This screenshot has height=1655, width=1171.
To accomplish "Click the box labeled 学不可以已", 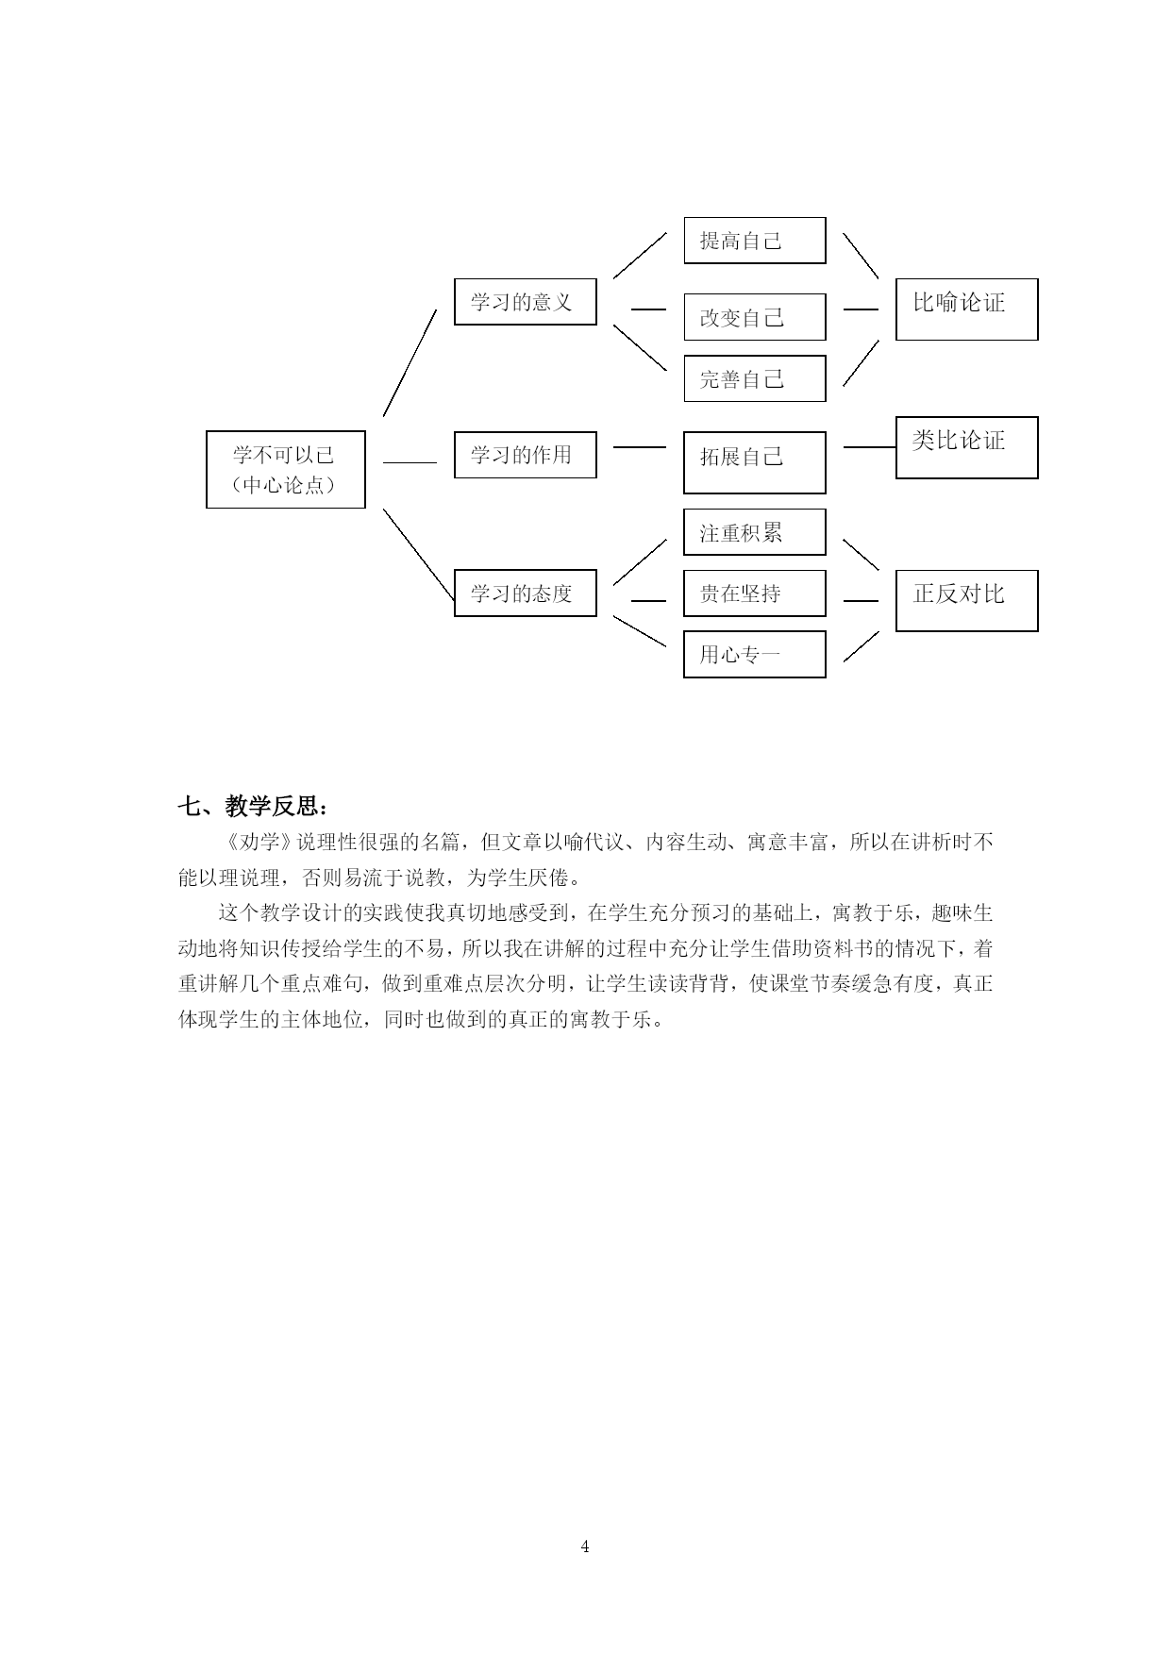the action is pyautogui.click(x=286, y=470).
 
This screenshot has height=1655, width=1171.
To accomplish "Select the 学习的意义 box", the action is pyautogui.click(x=526, y=302).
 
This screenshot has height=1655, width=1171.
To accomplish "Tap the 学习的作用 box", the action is pyautogui.click(x=526, y=455).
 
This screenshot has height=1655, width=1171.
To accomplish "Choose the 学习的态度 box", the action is pyautogui.click(x=526, y=593).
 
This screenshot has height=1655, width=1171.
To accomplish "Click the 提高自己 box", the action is pyautogui.click(x=755, y=241).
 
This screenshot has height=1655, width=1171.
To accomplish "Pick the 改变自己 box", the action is pyautogui.click(x=755, y=317).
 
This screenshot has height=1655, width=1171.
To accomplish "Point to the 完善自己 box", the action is pyautogui.click(x=755, y=378).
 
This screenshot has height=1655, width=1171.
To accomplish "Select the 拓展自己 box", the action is pyautogui.click(x=755, y=462).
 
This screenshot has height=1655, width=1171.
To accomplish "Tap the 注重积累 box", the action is pyautogui.click(x=755, y=532).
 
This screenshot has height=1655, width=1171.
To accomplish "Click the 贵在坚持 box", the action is pyautogui.click(x=755, y=593).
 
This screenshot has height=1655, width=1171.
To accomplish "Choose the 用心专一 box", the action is pyautogui.click(x=755, y=654).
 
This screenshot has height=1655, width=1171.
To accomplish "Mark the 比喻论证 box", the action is pyautogui.click(x=967, y=309).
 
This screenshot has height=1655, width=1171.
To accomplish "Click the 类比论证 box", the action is pyautogui.click(x=967, y=447).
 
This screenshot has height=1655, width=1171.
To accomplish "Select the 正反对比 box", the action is pyautogui.click(x=967, y=600).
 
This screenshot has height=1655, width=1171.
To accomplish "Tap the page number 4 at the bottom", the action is pyautogui.click(x=585, y=1546).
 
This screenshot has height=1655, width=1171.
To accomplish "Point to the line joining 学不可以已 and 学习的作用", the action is pyautogui.click(x=410, y=462).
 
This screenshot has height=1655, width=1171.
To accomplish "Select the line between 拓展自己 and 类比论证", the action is pyautogui.click(x=869, y=447).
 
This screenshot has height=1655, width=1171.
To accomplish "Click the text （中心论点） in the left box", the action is pyautogui.click(x=285, y=486).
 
